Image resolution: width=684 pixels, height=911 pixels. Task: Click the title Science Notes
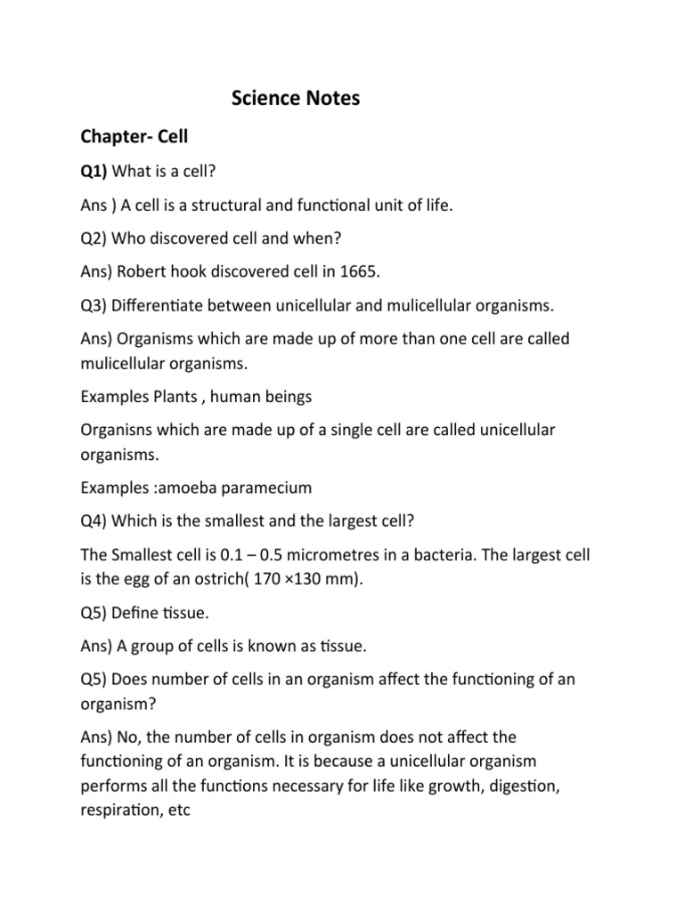pos(296,99)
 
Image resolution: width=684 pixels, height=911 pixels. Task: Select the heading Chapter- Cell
pos(134,137)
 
